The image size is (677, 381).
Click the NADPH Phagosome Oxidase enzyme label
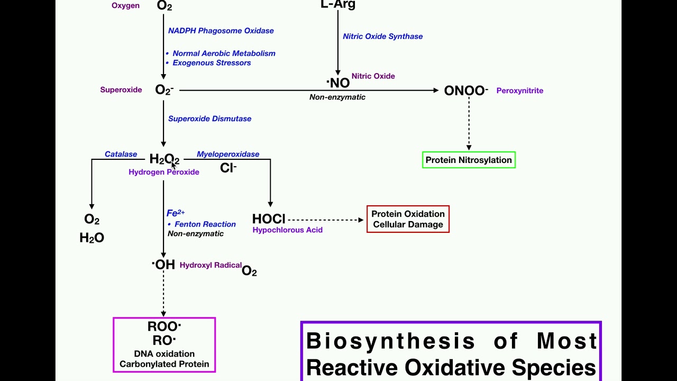point(221,31)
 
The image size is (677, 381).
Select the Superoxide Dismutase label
point(209,119)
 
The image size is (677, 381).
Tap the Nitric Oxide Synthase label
point(382,37)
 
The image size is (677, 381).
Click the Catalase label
point(121,154)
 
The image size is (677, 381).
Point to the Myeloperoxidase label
point(228,154)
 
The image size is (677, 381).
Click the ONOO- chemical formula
point(465,90)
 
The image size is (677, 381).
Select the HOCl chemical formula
point(269,219)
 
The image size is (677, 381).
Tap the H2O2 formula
point(164,159)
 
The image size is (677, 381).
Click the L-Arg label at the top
point(338,5)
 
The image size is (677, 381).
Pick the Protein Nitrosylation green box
point(469,160)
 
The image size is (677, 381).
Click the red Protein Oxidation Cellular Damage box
point(408,219)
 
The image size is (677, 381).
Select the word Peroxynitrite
point(519,90)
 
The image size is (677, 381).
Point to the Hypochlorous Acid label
point(287,230)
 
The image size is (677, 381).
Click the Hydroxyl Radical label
point(211,265)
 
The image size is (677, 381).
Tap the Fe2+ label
point(175,213)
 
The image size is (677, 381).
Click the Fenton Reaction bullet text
point(205,224)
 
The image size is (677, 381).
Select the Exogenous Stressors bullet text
point(212,63)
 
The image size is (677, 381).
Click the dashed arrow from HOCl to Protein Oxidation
point(325,220)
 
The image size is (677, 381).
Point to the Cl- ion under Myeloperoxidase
point(228,168)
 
